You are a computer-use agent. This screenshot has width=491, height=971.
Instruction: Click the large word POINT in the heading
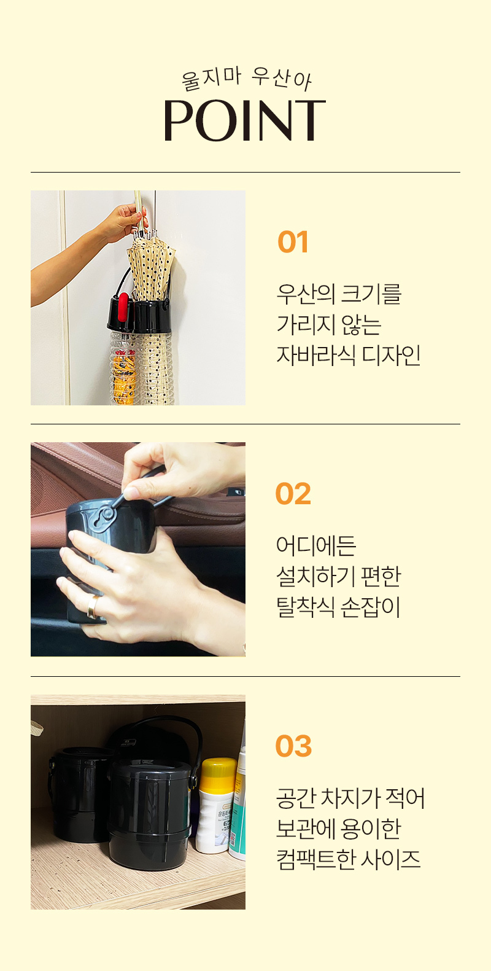point(245,120)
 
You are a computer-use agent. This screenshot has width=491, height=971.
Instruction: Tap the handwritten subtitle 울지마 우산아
point(246,79)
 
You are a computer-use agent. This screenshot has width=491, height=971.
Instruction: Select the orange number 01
point(293,242)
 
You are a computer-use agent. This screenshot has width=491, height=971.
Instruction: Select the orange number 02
point(293,494)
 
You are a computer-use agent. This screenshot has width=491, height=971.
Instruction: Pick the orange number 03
point(293,746)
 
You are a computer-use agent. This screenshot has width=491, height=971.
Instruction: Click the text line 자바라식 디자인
point(349,355)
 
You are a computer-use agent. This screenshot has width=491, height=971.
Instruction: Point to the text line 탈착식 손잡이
point(338,607)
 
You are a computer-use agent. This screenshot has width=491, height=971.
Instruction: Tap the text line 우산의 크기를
point(339,294)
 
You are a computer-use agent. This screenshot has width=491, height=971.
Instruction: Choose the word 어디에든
point(316,545)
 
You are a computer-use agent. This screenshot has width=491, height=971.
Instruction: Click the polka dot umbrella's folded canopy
point(151,267)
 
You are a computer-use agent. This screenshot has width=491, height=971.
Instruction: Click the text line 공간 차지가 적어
point(350,797)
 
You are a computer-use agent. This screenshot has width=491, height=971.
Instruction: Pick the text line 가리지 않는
point(329,324)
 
